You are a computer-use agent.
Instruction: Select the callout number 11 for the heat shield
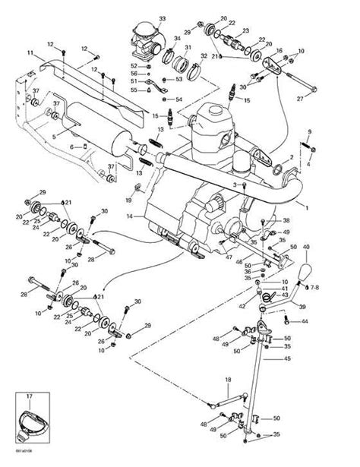(x=31, y=55)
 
